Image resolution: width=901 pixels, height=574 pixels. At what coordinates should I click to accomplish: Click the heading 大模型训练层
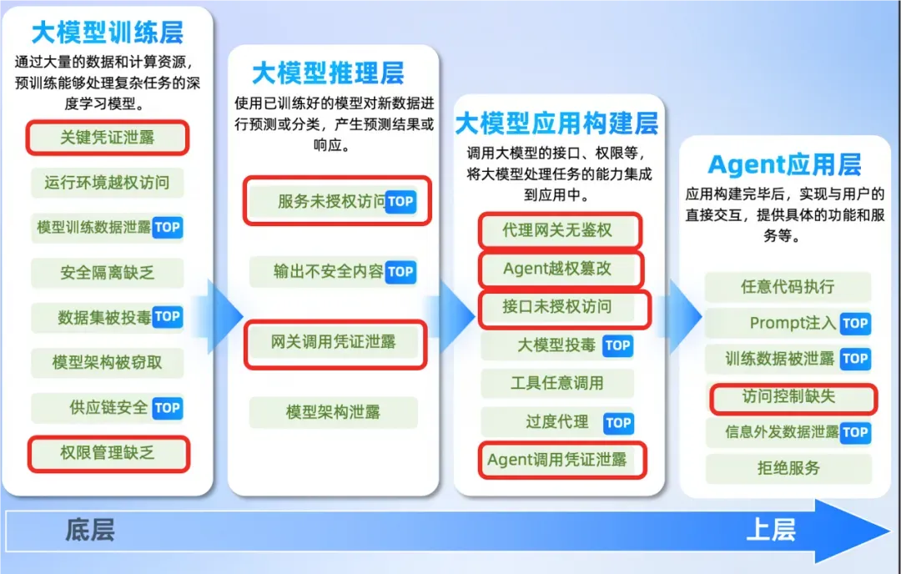(x=108, y=33)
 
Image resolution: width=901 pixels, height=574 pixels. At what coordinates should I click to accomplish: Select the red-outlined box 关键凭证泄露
(x=108, y=138)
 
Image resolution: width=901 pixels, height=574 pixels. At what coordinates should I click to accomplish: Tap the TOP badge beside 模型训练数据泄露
(x=167, y=227)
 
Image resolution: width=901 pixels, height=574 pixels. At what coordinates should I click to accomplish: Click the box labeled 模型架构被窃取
(x=108, y=363)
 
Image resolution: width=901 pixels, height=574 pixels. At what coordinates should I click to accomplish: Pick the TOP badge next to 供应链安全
(x=167, y=408)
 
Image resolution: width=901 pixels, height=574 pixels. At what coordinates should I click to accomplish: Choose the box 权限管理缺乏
(x=108, y=454)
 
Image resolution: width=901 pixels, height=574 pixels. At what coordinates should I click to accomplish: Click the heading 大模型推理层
(x=328, y=73)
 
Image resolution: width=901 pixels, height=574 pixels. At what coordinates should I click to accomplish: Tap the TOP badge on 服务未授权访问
(x=400, y=202)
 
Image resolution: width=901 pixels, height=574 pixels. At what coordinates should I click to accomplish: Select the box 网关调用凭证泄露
(x=335, y=345)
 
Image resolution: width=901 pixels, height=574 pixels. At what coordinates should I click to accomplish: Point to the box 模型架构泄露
(x=333, y=412)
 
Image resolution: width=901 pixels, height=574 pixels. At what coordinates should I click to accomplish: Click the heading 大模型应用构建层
(x=556, y=123)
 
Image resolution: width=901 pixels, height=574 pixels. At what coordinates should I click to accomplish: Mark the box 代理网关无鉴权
(x=560, y=231)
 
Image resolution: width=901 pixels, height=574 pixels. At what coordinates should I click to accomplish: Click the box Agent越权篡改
(x=561, y=269)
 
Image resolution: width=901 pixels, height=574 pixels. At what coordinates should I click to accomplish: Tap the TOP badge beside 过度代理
(x=618, y=424)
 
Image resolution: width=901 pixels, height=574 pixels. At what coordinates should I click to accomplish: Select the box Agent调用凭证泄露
(x=562, y=460)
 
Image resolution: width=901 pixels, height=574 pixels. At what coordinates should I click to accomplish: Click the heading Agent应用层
(x=785, y=165)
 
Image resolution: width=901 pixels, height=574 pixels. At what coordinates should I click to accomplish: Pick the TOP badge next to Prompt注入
(x=855, y=324)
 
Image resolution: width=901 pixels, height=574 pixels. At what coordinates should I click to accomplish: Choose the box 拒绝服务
(x=788, y=468)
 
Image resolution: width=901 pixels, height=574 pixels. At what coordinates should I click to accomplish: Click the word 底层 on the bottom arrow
(x=90, y=530)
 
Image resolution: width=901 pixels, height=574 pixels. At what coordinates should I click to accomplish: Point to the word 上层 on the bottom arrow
(x=771, y=530)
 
